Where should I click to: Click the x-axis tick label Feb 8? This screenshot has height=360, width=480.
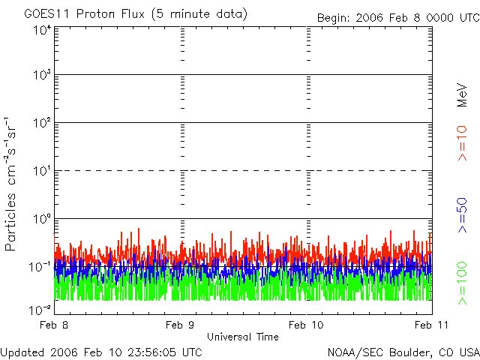(x=55, y=325)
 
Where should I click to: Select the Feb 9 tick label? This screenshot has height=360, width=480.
(x=181, y=325)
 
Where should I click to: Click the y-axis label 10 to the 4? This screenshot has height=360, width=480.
(x=41, y=29)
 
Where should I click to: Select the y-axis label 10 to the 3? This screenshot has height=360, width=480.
(x=41, y=75)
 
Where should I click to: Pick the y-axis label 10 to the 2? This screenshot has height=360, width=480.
(x=41, y=122)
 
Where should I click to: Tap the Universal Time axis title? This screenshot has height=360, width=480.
(x=243, y=337)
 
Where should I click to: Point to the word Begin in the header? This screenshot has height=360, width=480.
(x=334, y=16)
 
